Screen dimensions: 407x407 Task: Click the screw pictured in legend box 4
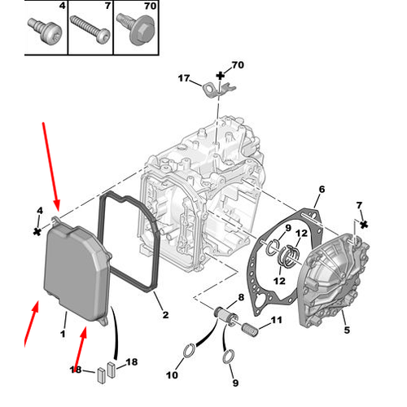click(x=45, y=31)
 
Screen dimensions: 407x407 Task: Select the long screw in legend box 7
click(x=90, y=29)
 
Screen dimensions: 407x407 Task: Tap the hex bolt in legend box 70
click(x=136, y=30)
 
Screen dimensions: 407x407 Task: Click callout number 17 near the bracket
click(x=184, y=78)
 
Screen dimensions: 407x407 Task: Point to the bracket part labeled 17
click(x=219, y=90)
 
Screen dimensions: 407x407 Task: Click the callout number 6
click(x=322, y=189)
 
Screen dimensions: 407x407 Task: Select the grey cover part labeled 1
click(x=77, y=270)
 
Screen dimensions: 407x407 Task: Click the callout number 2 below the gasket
click(x=165, y=315)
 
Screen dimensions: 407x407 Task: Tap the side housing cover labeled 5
click(x=334, y=279)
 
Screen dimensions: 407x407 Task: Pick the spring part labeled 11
click(x=250, y=330)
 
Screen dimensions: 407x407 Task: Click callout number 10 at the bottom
click(x=172, y=375)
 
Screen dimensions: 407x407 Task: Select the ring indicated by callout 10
click(x=189, y=351)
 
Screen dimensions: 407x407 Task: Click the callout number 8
click(x=241, y=297)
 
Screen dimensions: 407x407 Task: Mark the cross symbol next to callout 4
click(x=37, y=231)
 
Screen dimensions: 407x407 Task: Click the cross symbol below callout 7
click(x=364, y=225)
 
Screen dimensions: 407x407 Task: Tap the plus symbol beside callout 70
click(x=221, y=76)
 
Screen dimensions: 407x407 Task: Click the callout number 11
click(x=277, y=320)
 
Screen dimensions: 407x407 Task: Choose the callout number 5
click(x=347, y=330)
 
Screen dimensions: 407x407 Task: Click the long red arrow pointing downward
click(x=50, y=167)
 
